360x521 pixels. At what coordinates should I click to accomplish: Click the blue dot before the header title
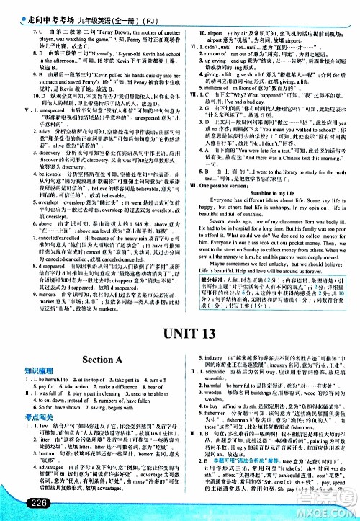click(x=5, y=6)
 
